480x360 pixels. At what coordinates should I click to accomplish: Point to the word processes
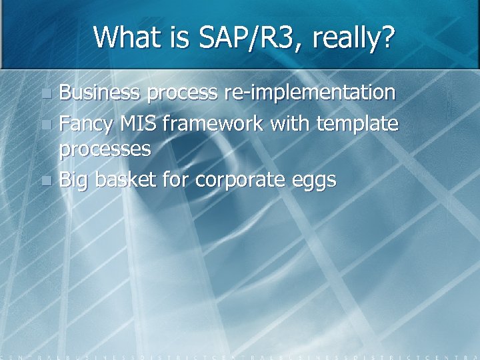point(105,149)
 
